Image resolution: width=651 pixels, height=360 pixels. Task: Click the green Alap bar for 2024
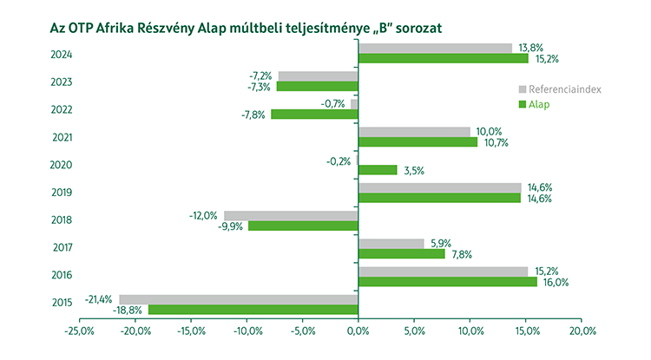[443, 59]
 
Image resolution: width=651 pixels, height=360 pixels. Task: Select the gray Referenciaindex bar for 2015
[239, 300]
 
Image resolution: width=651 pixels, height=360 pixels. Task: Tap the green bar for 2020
[378, 170]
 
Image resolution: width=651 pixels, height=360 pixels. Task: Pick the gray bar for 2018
[291, 216]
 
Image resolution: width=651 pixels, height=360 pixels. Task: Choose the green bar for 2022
[314, 115]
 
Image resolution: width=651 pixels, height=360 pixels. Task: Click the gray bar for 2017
[391, 244]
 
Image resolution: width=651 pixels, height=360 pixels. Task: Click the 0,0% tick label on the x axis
[358, 331]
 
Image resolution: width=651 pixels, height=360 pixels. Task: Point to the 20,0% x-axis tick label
[582, 331]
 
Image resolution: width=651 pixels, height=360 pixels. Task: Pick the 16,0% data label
[555, 281]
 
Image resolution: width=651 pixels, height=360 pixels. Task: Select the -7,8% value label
[253, 115]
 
